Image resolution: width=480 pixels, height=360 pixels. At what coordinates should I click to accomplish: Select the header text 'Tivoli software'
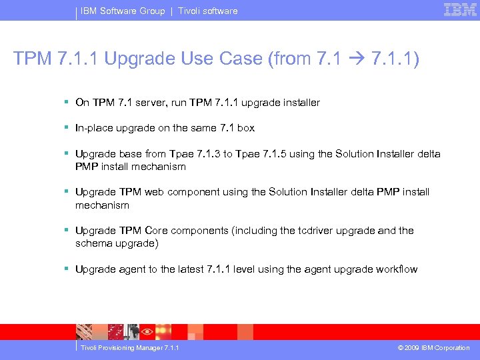click(x=207, y=11)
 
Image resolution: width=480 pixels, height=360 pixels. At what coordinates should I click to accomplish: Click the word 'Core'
click(x=156, y=231)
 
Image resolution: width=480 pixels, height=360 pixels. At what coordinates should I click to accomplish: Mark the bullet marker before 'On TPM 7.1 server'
click(x=67, y=103)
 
